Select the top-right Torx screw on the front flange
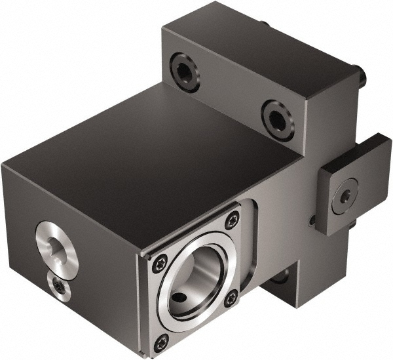[233, 221]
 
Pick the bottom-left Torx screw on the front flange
[162, 340]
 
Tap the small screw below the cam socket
[60, 286]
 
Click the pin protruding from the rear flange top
[265, 25]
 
